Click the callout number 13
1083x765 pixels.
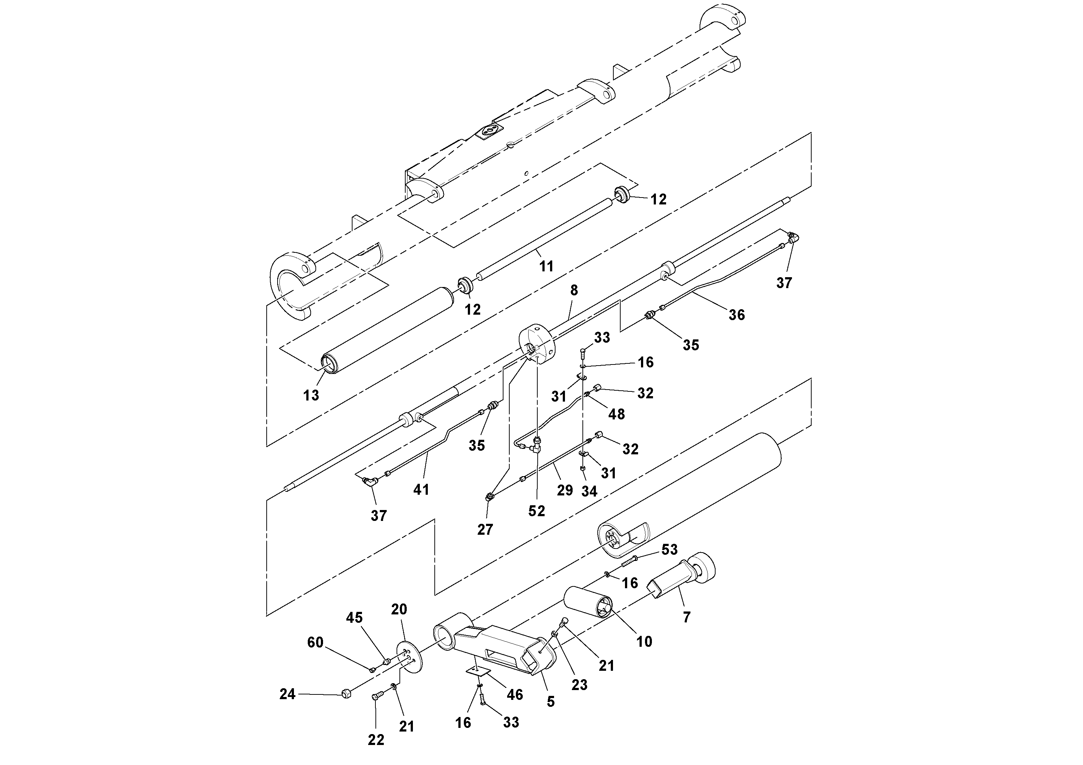click(x=311, y=395)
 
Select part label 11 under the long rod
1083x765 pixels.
click(x=546, y=267)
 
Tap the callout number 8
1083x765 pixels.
click(x=574, y=291)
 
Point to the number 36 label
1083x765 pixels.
click(x=737, y=315)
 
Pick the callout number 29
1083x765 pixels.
click(x=565, y=490)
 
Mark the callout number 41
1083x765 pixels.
click(x=421, y=490)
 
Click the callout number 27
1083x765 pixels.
click(x=485, y=530)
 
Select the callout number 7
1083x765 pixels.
click(x=687, y=617)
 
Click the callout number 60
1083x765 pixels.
click(x=315, y=642)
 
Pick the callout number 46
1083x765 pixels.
click(x=515, y=694)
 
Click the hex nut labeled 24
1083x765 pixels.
click(x=346, y=694)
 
